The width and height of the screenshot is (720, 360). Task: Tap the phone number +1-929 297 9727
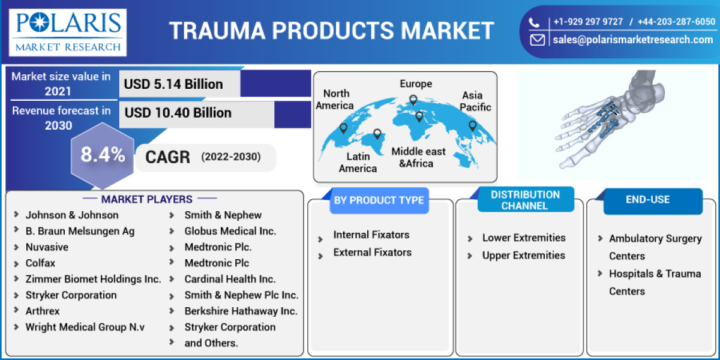pos(587,22)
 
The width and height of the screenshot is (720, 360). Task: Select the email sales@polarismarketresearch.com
pos(632,40)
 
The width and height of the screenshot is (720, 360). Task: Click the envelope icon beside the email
pos(537,40)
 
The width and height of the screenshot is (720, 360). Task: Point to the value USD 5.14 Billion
pos(173,84)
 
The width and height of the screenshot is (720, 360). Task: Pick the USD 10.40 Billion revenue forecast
pos(178,113)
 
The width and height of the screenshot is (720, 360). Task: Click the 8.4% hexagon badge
pos(103,155)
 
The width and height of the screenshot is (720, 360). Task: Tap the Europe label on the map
pos(416,84)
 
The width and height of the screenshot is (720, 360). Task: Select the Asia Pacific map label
pos(476,101)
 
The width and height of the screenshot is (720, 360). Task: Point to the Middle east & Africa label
pos(419,157)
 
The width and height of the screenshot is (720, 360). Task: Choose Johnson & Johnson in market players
pos(72,215)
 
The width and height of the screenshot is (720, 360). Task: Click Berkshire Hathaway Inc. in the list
pos(241,311)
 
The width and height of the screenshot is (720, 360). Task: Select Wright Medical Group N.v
pos(85,327)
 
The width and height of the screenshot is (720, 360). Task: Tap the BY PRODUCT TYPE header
pos(379,200)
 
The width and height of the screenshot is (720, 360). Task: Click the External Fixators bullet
pos(372,253)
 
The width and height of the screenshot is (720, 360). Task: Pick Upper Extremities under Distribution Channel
pos(523,256)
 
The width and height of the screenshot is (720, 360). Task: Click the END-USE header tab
pos(647,200)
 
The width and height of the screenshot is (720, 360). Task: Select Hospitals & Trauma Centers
pos(655,282)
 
